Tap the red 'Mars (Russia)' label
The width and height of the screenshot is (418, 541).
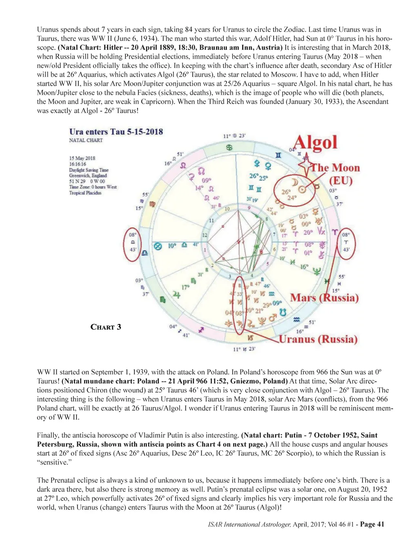(x=324, y=298)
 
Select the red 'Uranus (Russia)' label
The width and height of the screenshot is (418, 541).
(x=318, y=339)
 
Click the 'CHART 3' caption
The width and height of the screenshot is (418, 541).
(x=106, y=327)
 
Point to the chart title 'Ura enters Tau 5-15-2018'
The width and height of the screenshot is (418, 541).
(x=116, y=131)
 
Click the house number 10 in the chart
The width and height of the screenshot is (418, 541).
(x=227, y=209)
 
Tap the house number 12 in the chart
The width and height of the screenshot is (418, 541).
(x=205, y=235)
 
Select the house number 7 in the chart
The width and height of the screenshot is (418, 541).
(x=274, y=234)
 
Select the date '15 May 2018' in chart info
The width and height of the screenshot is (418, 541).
(x=82, y=158)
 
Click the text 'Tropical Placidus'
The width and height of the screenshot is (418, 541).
(x=85, y=193)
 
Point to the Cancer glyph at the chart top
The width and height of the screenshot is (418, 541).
(x=229, y=147)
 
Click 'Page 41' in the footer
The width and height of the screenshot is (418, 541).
(x=372, y=524)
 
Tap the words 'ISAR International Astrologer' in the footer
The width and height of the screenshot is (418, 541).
(x=249, y=524)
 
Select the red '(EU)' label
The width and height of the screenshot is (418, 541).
(x=341, y=180)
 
